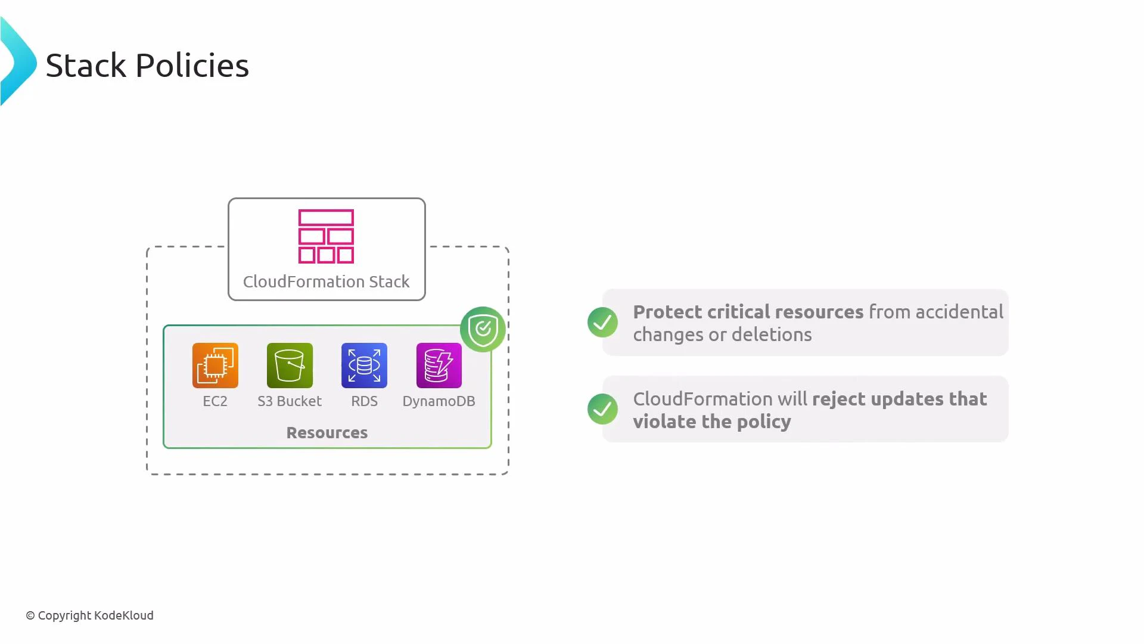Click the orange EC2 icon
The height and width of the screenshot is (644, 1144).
215,366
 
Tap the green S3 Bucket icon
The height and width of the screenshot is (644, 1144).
290,366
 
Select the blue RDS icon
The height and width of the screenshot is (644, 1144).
364,366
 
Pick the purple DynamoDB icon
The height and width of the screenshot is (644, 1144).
439,366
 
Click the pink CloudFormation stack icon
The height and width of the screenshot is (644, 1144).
326,236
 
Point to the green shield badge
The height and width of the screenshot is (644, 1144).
483,329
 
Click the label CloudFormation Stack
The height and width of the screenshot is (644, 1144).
326,281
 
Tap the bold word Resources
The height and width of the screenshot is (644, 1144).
327,432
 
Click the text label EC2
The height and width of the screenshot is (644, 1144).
215,401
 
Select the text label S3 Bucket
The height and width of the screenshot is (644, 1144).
290,401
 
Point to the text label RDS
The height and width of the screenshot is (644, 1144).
364,401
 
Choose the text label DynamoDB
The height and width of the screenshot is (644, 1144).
439,401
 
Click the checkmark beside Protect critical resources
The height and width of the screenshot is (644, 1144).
602,323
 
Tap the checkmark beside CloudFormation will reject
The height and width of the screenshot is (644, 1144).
602,409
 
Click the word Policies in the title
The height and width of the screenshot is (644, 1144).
192,66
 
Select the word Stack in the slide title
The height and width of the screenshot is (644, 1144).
86,66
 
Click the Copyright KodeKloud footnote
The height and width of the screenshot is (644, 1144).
89,615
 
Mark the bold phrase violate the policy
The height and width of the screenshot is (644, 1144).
711,422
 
